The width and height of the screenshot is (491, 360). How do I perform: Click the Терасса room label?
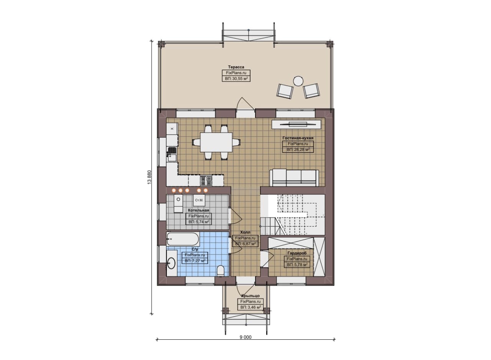pos(236,67)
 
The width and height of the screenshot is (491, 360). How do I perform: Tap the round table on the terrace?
pos(298,81)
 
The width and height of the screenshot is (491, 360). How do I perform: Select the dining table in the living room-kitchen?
pos(216,142)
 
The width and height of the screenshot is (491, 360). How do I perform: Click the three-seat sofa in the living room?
pos(294,178)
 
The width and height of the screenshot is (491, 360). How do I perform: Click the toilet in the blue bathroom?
pos(220,271)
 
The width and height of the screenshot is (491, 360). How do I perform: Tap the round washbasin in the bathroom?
pos(171,263)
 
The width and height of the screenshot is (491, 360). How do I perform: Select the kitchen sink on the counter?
pos(172,154)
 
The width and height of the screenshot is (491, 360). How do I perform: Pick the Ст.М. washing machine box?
pos(199,200)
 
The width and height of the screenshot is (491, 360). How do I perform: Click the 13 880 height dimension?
pos(150,177)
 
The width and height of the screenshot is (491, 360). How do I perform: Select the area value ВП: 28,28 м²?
pos(298,150)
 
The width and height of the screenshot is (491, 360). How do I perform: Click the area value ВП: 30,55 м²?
pos(236,79)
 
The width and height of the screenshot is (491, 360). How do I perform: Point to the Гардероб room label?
pos(297,253)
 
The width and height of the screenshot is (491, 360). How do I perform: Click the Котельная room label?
pos(199,210)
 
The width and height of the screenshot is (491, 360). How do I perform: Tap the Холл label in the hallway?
pos(245,232)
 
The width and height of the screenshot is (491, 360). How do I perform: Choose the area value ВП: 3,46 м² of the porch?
pos(250,307)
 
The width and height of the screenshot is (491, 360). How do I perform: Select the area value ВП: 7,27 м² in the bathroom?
pos(195,261)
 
